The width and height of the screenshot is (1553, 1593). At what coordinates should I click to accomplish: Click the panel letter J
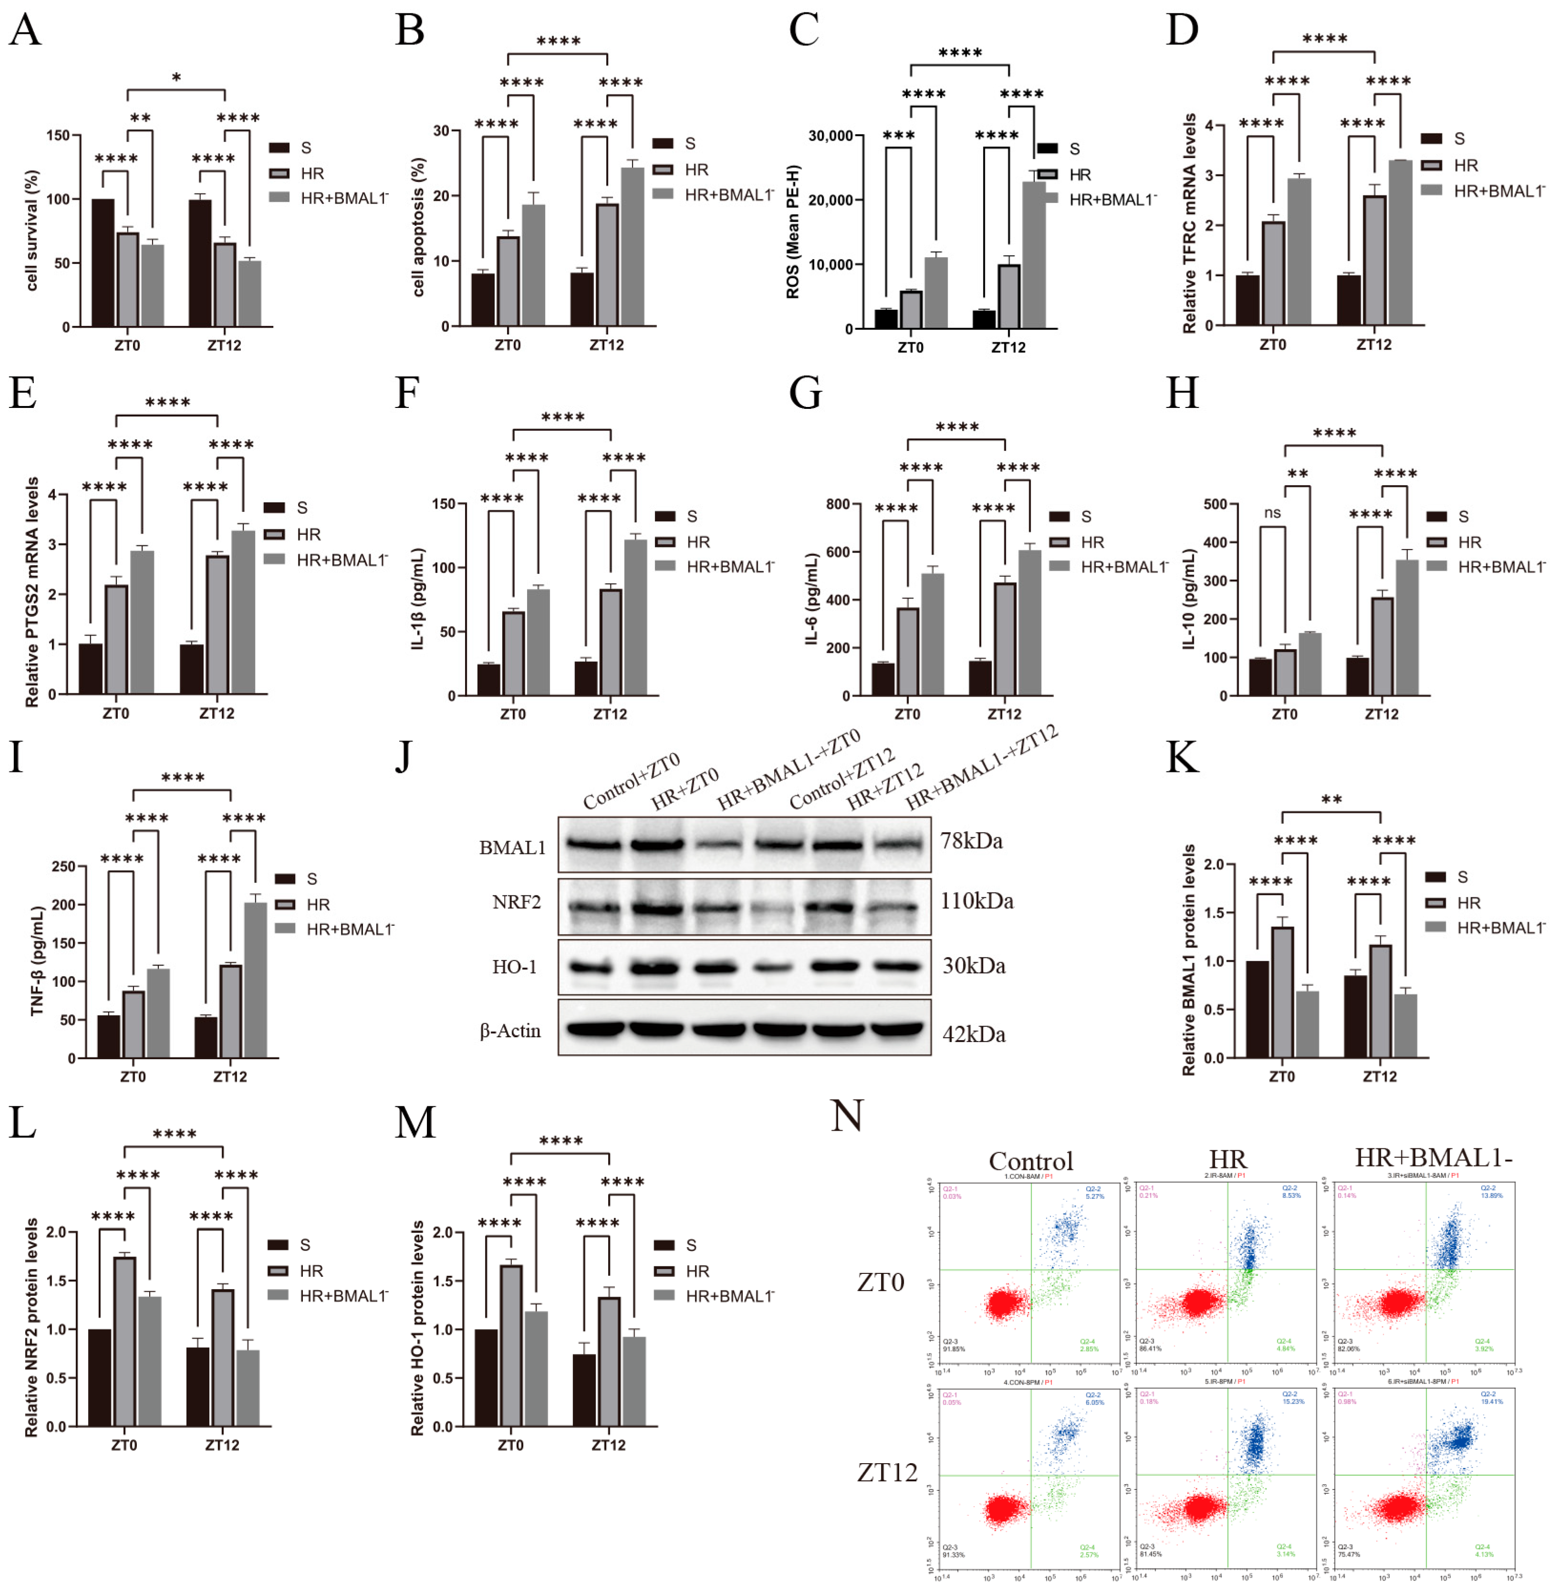point(403,757)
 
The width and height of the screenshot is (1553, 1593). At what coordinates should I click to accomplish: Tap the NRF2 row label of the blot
point(516,902)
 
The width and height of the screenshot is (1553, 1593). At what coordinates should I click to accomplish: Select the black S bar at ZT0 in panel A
point(103,263)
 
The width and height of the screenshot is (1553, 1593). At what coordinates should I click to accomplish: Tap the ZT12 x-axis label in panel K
point(1379,1077)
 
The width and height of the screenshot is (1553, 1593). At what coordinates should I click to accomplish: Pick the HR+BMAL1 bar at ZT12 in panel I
point(255,979)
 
